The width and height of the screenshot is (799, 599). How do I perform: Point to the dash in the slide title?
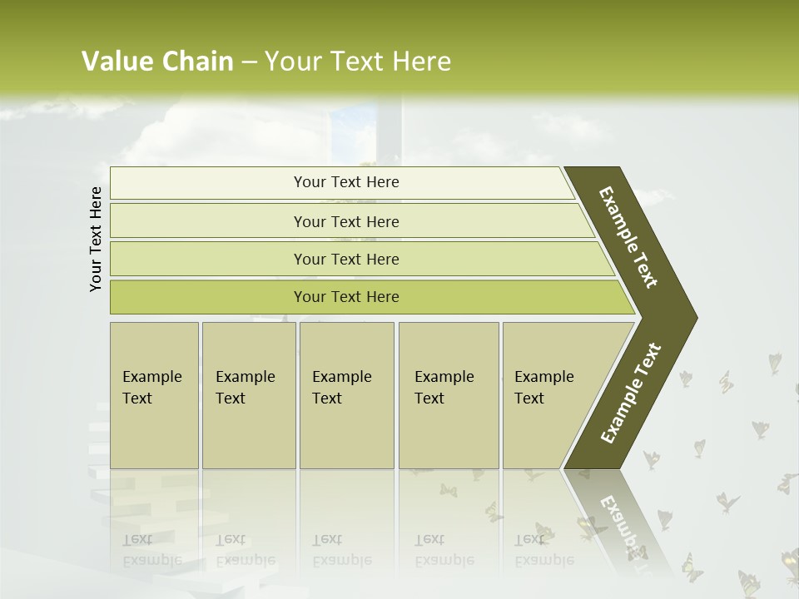coord(249,62)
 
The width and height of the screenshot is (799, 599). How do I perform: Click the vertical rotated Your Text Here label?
coord(96,239)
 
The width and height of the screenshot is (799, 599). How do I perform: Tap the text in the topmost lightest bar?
coord(346,182)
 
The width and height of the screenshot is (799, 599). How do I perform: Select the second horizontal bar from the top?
coord(346,221)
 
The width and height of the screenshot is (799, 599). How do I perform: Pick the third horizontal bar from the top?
coord(346,260)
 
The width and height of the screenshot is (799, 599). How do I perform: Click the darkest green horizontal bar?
coord(346,297)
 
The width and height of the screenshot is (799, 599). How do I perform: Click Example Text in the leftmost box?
coord(151,388)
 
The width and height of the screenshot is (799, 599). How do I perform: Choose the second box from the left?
coord(248,395)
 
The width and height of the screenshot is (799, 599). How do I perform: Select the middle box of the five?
coord(346,395)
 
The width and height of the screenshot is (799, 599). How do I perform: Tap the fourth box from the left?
coord(449,395)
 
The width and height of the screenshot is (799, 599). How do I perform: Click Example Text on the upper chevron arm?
coord(628,237)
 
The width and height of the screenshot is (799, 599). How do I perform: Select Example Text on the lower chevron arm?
coord(630,394)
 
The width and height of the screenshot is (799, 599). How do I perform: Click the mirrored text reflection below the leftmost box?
coord(151,550)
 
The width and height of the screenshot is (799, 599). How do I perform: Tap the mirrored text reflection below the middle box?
coord(341,550)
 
